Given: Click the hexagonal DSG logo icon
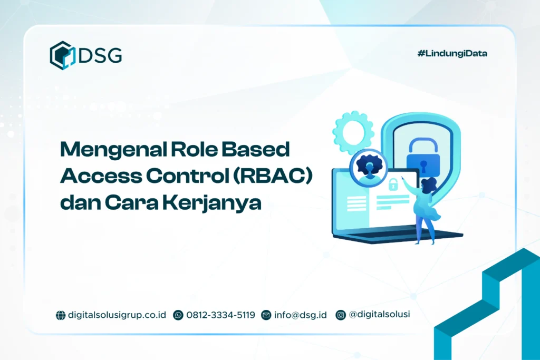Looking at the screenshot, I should click(x=62, y=55).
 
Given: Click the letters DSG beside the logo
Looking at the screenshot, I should click(x=100, y=55).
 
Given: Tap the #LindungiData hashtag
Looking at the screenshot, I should click(x=452, y=53).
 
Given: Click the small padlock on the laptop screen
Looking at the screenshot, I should click(x=393, y=184).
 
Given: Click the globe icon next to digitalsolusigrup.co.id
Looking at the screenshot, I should click(x=61, y=315).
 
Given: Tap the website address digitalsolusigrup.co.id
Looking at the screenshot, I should click(x=117, y=315).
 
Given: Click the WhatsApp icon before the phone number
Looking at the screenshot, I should click(x=178, y=315).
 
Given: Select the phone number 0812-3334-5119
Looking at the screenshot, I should click(x=220, y=315).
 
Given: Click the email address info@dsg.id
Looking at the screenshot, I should click(x=300, y=315).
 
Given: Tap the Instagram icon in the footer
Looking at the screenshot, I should click(x=341, y=315).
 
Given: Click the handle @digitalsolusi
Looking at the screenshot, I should click(x=379, y=315).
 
